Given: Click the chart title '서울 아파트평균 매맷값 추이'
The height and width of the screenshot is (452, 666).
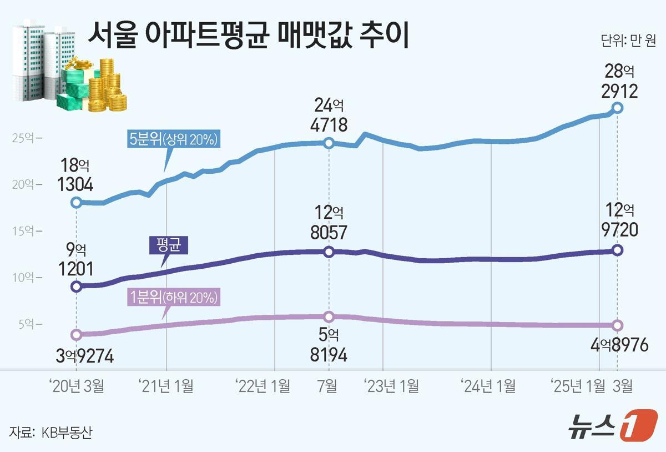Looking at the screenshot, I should click(248, 37).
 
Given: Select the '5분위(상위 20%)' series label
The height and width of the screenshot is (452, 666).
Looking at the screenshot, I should click(173, 140).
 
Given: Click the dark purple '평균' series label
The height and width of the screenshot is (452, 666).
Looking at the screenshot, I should click(169, 245).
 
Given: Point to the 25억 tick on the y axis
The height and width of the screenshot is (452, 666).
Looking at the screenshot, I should click(24, 138).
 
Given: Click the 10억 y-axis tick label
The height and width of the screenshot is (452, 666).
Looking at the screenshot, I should click(24, 277).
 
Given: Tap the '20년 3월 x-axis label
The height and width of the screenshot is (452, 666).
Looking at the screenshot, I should click(75, 386).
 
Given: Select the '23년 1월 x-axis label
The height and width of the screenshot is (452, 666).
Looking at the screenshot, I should click(391, 386).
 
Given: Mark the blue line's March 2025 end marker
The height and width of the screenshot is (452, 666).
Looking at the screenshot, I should click(618, 108).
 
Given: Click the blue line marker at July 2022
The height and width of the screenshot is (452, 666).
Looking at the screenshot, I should click(329, 143).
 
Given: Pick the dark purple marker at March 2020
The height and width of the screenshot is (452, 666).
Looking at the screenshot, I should click(77, 287).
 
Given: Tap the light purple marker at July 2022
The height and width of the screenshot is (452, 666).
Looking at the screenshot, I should click(329, 317).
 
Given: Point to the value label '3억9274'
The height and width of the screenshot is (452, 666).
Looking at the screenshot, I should click(84, 356).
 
